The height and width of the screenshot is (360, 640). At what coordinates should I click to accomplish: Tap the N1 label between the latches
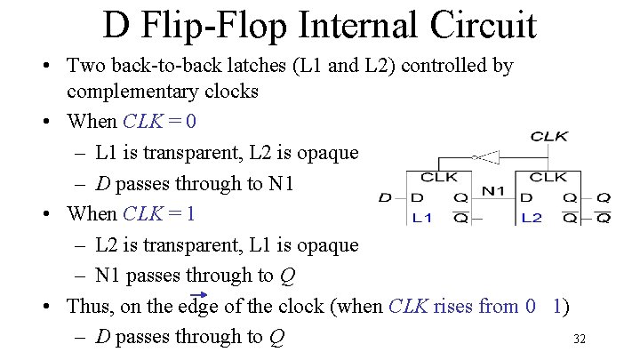pos(493,188)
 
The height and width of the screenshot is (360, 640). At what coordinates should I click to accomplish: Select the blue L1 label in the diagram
pos(422,218)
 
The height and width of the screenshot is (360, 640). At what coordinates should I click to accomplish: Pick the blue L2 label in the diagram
pos(532,218)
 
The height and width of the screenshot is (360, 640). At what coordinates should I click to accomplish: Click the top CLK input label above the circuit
pos(549,137)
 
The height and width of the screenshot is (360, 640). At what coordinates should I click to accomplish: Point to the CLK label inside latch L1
pos(439,178)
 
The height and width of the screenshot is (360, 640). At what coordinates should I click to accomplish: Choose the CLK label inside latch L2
pos(548,178)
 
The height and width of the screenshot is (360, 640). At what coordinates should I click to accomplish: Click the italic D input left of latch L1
pos(385,198)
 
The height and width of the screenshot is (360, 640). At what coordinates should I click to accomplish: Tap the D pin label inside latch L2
pos(527,198)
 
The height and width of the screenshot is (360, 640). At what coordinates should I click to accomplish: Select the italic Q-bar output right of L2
pos(603,218)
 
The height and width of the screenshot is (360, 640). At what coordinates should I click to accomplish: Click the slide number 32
pos(580,339)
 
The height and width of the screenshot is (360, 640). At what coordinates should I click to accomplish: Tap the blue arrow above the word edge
pos(199,295)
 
